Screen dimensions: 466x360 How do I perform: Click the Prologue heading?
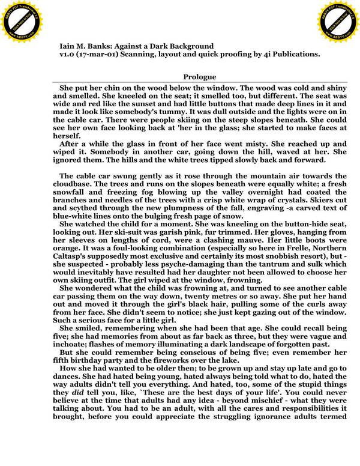[200, 77]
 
